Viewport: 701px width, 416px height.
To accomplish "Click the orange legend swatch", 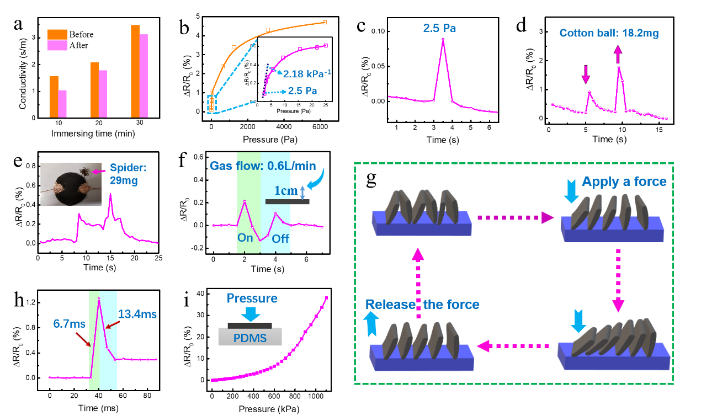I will [x=57, y=34].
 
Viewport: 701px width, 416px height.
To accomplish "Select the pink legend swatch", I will [x=57, y=45].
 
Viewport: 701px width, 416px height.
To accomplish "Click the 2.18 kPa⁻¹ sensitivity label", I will [x=307, y=73].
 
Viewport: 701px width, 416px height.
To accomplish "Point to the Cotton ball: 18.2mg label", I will [x=609, y=34].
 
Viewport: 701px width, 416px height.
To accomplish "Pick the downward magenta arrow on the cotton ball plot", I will [x=586, y=74].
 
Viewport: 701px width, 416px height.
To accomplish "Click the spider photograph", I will [x=71, y=184].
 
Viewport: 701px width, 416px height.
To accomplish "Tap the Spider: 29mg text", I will [x=128, y=174].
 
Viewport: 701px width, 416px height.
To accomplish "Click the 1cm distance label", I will [x=285, y=191].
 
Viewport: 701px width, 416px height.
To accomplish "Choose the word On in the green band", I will [x=245, y=238].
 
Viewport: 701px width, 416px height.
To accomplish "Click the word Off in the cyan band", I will [x=280, y=239].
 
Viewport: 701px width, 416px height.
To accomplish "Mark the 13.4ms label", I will [x=137, y=314].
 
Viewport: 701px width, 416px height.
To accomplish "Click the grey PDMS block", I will [x=250, y=337].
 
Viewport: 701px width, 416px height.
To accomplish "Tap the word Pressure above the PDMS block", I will [x=252, y=298].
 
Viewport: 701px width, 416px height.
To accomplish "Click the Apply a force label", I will [x=624, y=182].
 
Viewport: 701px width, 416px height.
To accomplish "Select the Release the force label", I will [x=422, y=305].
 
